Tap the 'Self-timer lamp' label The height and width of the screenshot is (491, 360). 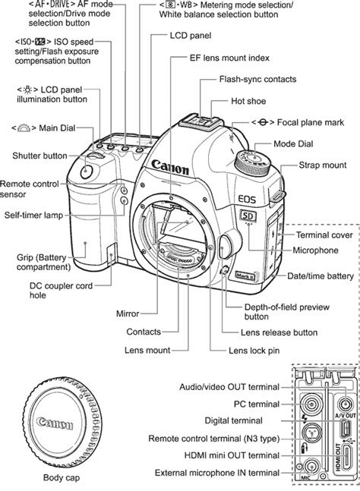(33, 216)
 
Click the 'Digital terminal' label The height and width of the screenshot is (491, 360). (234, 420)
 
